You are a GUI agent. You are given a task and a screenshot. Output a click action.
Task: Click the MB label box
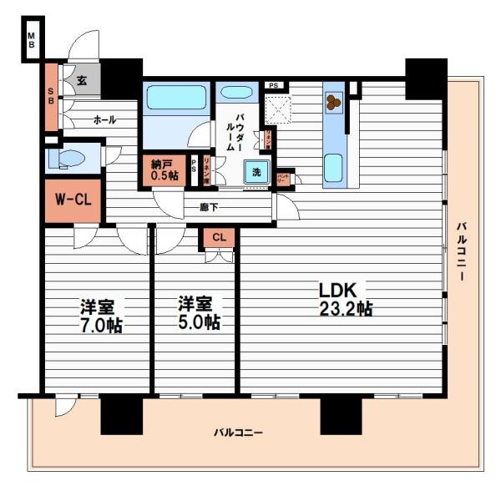[30, 39]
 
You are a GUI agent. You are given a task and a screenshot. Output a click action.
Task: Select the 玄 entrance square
[83, 80]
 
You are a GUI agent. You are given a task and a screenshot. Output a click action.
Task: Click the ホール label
[104, 120]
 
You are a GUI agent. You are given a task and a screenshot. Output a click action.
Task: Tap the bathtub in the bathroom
[175, 99]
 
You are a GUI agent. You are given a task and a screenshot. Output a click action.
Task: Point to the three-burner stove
[333, 103]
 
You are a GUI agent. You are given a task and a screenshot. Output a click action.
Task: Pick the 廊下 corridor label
[209, 205]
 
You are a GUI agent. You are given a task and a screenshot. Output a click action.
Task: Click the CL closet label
[219, 237]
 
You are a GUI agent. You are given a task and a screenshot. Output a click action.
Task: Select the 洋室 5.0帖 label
[198, 313]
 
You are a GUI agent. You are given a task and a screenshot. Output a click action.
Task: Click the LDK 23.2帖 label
[343, 299]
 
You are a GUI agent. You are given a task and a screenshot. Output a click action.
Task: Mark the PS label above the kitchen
[273, 85]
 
